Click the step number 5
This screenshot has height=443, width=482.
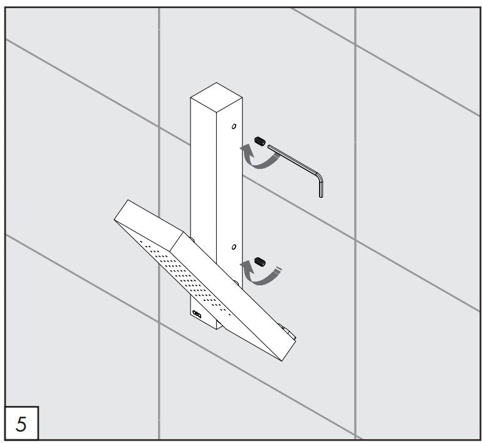pos(21,424)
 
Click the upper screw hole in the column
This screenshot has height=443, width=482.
pos(234,126)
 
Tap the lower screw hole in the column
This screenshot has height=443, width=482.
pos(234,247)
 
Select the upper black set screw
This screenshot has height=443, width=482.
pos(260,141)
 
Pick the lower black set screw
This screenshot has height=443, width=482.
pos(260,262)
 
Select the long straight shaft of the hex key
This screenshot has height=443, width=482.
pos(292,160)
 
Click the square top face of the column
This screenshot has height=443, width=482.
pos(216,98)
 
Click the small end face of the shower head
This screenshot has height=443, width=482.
pos(149,226)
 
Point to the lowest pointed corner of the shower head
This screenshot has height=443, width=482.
pos(281,361)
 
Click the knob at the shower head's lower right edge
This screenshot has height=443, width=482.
pos(288,332)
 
